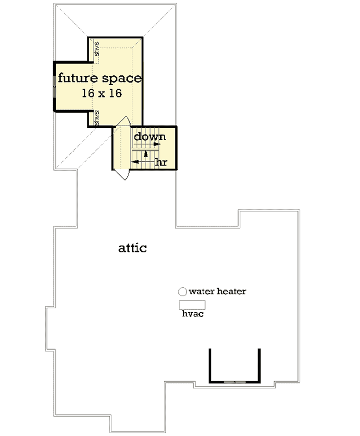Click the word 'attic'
coord(132,248)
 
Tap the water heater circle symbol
coord(182,292)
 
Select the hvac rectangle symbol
coord(192,305)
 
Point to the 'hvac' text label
coord(193,314)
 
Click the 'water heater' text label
coord(218,292)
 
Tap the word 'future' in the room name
coord(78,78)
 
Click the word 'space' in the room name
coord(122,79)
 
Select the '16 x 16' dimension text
coord(102,94)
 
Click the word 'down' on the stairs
coord(150,137)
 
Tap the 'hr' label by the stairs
coord(161,162)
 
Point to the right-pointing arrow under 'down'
coord(147,144)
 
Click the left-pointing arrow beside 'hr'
coord(143,162)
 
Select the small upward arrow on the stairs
coord(146,155)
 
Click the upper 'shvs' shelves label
coord(96,49)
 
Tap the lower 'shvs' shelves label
coord(96,118)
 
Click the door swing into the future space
coord(123,122)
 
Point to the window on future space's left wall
coord(54,86)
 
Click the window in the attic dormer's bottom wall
coord(235,382)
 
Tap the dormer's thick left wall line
coord(210,365)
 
